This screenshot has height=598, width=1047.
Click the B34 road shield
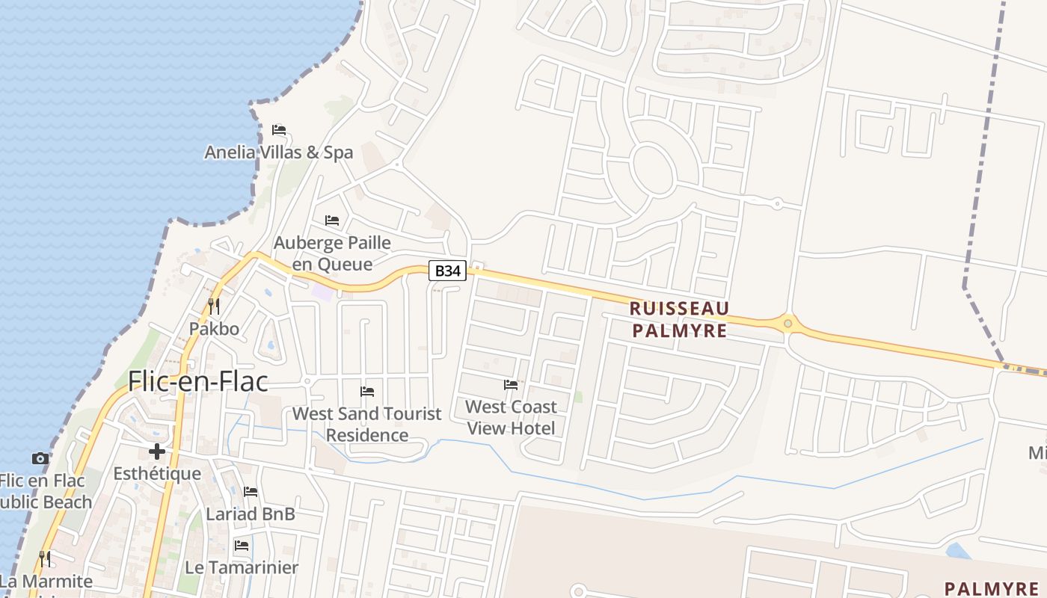point(447,271)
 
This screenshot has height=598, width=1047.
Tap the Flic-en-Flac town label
point(197,381)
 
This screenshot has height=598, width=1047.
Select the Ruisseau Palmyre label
point(679,319)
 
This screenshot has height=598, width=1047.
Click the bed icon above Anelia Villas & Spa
point(279,130)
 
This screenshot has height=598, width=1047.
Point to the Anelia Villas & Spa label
point(279,152)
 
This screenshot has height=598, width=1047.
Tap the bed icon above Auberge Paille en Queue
point(332,221)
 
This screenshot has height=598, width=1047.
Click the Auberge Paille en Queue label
point(332,253)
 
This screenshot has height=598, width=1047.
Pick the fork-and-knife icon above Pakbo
point(213,306)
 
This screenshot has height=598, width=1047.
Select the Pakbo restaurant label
point(214,329)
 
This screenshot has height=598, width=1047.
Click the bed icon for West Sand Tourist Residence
point(367,391)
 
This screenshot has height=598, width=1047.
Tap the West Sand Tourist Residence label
point(367,424)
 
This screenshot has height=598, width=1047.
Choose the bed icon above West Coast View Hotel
point(511,385)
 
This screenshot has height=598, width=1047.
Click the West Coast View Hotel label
point(512,417)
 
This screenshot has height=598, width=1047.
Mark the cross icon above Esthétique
point(157,451)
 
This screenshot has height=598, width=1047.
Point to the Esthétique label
point(157,474)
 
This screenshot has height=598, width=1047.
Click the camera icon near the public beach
point(40,458)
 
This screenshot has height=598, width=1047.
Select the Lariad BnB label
point(251,514)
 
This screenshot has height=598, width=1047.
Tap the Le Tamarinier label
point(242,567)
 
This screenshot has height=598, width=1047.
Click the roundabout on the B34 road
point(787,324)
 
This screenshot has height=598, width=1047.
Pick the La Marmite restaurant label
point(46,582)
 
